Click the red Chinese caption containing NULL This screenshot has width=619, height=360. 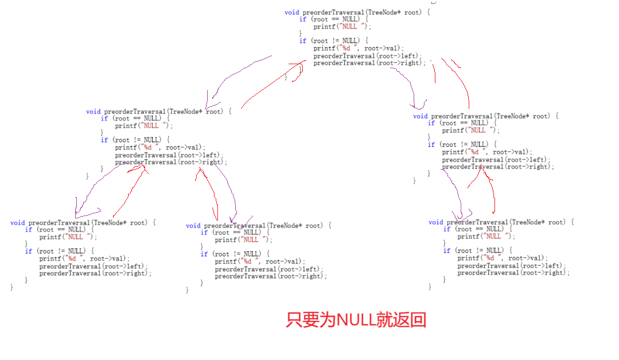356,320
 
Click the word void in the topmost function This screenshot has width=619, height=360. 291,12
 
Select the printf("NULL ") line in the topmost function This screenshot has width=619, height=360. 342,26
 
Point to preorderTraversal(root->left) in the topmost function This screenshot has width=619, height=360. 368,56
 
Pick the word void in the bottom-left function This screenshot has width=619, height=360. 17,222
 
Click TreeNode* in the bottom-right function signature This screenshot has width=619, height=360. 523,222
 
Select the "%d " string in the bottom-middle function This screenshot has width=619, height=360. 252,261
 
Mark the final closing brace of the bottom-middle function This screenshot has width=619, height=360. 188,291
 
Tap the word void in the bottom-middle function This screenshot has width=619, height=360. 193,225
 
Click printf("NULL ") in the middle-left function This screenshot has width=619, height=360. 143,126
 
